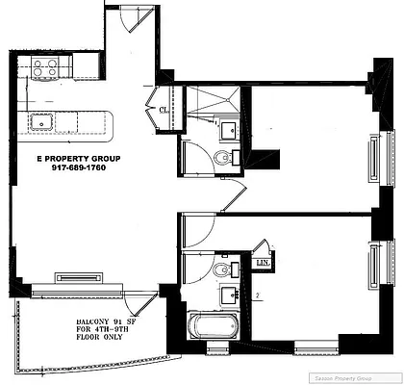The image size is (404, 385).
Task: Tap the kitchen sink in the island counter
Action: point(41,121)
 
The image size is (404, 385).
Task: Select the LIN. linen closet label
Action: point(262,261)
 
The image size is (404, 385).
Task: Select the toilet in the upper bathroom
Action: point(223,159)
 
